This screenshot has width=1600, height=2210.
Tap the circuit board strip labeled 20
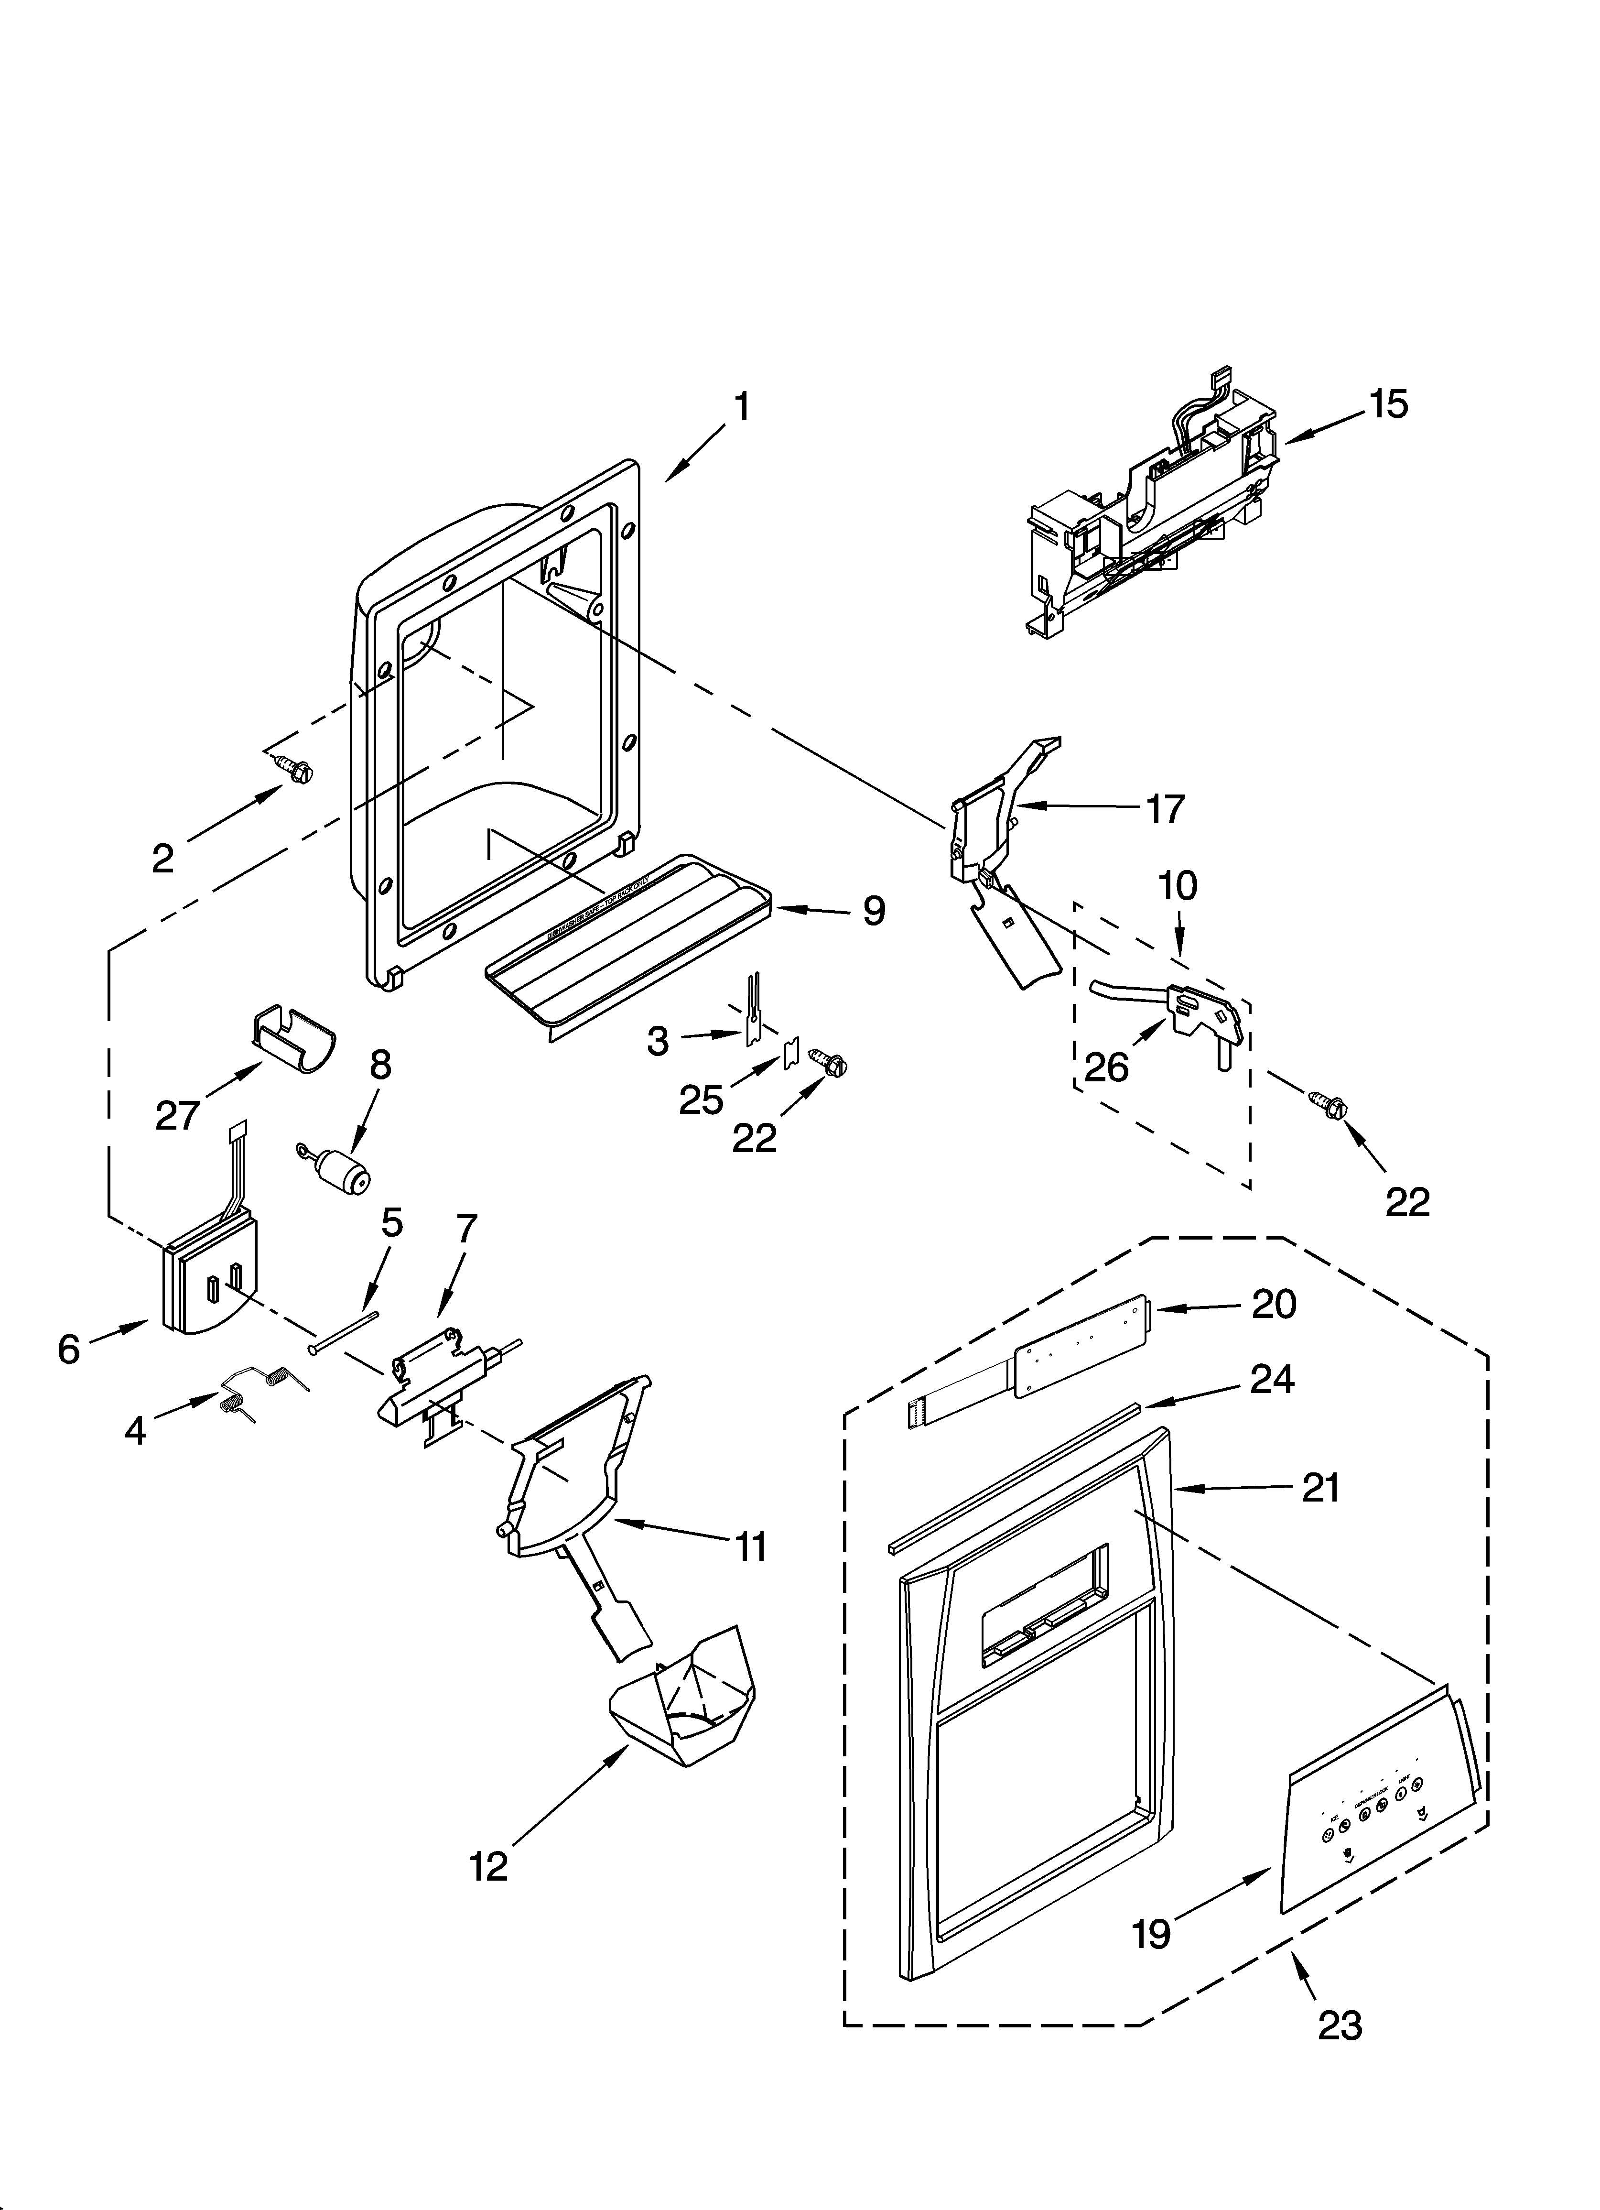(1072, 1345)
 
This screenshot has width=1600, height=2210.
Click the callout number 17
(1165, 809)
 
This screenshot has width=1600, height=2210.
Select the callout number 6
(68, 1350)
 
